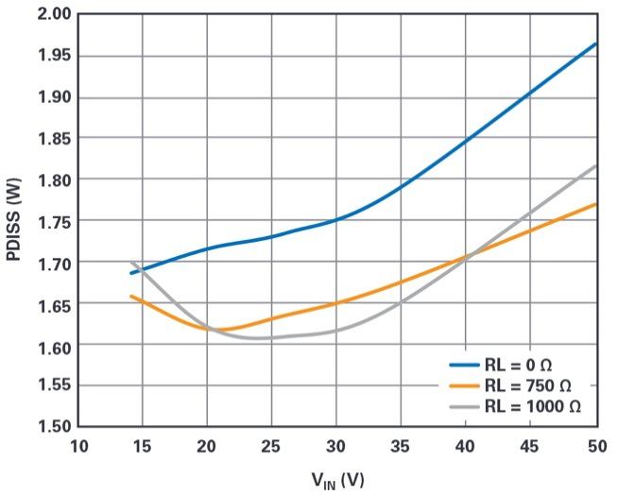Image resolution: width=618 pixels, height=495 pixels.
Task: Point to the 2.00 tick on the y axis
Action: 50,15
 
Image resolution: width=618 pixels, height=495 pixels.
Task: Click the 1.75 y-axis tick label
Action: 50,221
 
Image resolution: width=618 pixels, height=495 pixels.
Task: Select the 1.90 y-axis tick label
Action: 50,97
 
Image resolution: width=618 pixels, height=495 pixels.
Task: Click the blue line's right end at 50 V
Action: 596,43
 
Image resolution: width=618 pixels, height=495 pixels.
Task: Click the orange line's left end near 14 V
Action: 131,296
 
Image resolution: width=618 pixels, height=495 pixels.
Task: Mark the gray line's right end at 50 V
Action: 596,165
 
